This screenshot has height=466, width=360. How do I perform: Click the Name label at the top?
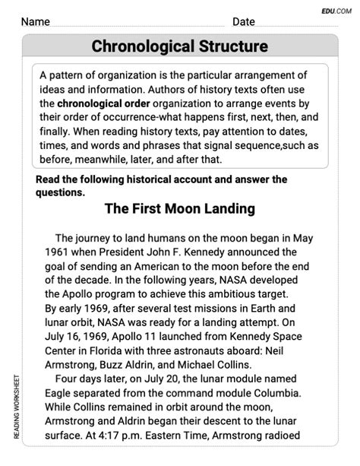(39, 21)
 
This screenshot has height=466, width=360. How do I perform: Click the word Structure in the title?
(229, 46)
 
